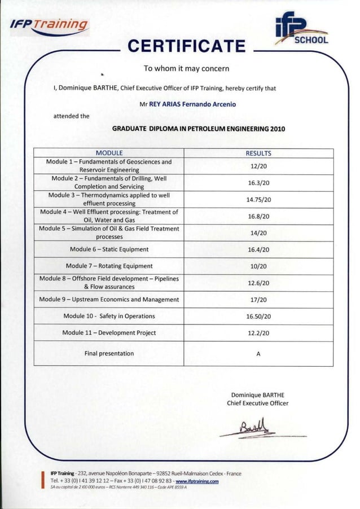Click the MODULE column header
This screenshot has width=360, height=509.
click(109, 153)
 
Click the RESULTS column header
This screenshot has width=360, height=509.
click(258, 153)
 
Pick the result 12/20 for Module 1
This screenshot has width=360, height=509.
click(258, 166)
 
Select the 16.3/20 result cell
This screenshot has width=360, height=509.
click(258, 183)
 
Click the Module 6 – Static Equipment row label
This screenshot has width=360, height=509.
click(109, 249)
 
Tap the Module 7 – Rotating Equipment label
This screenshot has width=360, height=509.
click(109, 266)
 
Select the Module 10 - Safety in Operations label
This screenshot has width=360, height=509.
click(109, 316)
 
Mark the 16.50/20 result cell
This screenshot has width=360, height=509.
click(258, 317)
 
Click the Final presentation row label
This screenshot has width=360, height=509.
click(109, 353)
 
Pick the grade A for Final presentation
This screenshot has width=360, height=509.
click(258, 354)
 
